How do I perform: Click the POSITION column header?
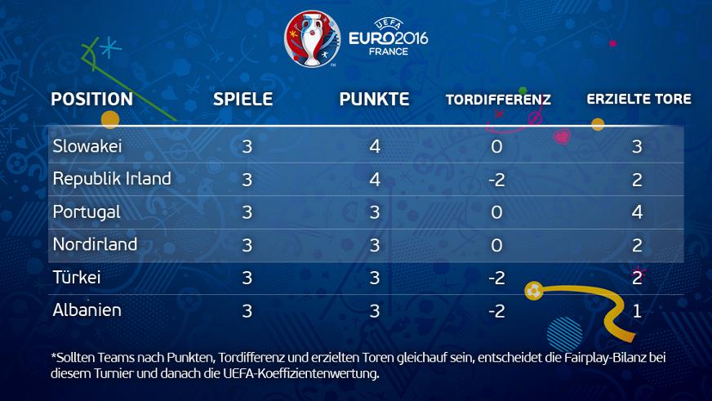point(91,100)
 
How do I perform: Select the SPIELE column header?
point(243,100)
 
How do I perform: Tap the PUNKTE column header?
point(375,100)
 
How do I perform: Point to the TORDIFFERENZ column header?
point(498,100)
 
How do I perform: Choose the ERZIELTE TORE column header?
point(639,100)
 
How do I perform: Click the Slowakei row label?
point(87,146)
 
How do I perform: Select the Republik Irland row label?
point(112,179)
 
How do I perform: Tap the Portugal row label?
point(86,212)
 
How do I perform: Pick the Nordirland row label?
point(95,244)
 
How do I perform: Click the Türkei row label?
point(77,278)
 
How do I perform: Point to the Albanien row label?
point(87,310)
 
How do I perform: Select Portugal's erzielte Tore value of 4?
point(638,212)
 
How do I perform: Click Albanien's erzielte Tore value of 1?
point(638,311)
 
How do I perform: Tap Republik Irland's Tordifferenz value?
point(496,180)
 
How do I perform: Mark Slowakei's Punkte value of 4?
point(375,147)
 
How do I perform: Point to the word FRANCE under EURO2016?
point(389,51)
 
